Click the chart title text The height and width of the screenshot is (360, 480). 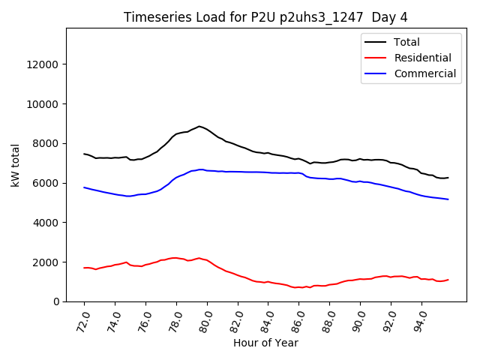pyautogui.click(x=265, y=17)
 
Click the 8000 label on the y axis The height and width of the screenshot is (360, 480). pyautogui.click(x=47, y=143)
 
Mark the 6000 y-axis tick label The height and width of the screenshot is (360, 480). pyautogui.click(x=47, y=183)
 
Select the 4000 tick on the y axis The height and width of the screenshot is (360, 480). pyautogui.click(x=47, y=223)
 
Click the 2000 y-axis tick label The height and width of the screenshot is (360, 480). pyautogui.click(x=47, y=262)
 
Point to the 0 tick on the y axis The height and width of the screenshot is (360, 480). pyautogui.click(x=56, y=301)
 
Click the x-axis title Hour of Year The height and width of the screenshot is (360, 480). pyautogui.click(x=265, y=343)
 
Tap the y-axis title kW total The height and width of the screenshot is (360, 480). pyautogui.click(x=16, y=165)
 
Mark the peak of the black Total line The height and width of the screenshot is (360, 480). pyautogui.click(x=199, y=126)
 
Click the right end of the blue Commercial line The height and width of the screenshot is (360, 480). pyautogui.click(x=448, y=199)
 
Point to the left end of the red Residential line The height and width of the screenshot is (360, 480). pyautogui.click(x=84, y=268)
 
